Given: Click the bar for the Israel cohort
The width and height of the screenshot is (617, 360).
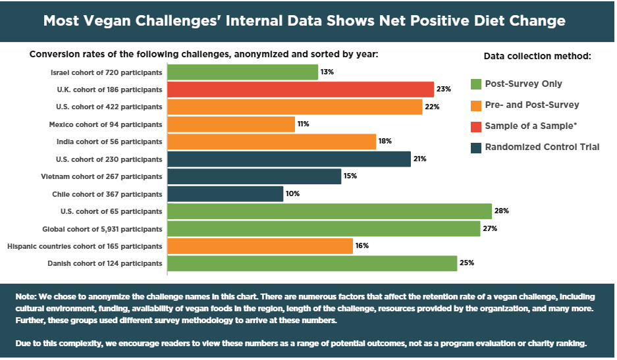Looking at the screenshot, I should (243, 72).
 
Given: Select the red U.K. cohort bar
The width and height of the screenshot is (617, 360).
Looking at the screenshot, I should (301, 90).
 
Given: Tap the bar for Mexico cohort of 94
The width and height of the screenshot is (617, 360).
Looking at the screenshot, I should (231, 124).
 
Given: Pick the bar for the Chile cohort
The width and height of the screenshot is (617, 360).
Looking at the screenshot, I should (225, 193).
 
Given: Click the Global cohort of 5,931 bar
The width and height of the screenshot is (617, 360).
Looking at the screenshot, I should (324, 228).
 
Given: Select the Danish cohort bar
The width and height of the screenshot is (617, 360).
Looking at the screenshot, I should (312, 263).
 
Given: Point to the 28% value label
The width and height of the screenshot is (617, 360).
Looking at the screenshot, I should (502, 211).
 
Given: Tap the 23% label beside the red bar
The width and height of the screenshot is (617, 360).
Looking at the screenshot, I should (444, 90).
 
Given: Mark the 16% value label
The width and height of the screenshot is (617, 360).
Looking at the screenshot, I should (362, 246).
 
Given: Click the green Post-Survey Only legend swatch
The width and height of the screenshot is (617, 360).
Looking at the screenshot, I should (476, 84).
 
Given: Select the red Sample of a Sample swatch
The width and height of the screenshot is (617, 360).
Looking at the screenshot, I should (476, 126).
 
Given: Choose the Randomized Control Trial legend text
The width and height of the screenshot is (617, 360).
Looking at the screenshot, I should (542, 147).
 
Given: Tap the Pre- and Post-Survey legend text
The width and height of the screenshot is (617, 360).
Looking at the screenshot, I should (532, 105).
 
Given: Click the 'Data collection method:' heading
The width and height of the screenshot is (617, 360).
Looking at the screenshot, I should (537, 57).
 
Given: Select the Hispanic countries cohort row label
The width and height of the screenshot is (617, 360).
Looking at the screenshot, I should (84, 246).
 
